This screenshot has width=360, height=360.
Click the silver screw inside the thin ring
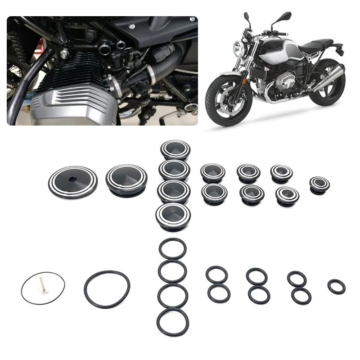tap(42, 284)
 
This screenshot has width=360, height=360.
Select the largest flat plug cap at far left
tap(72, 182)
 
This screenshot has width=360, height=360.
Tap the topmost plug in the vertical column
tap(175, 150)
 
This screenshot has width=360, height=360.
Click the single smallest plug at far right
tap(319, 184)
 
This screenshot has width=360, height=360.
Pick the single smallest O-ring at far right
tap(336, 287)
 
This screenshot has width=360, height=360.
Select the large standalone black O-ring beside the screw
tap(107, 289)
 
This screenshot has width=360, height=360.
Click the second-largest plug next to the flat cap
tap(126, 179)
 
